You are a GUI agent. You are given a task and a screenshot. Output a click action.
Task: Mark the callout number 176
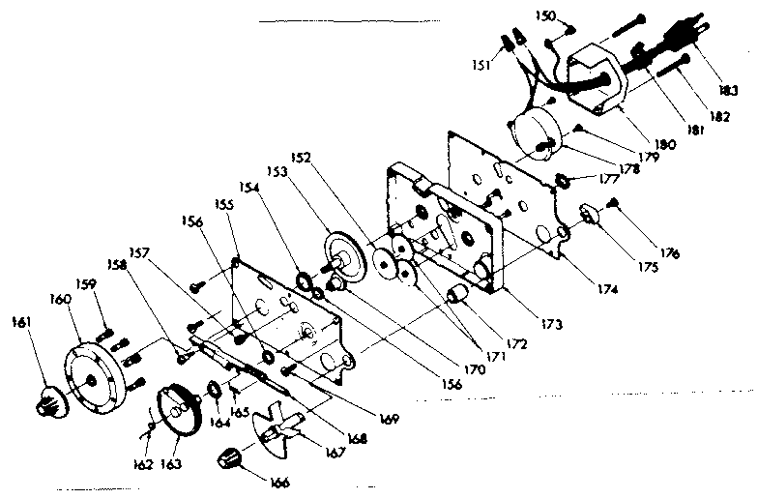point(669,253)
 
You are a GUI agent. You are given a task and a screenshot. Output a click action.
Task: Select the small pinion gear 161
point(44,397)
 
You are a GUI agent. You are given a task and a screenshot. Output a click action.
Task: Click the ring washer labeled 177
point(561,180)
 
